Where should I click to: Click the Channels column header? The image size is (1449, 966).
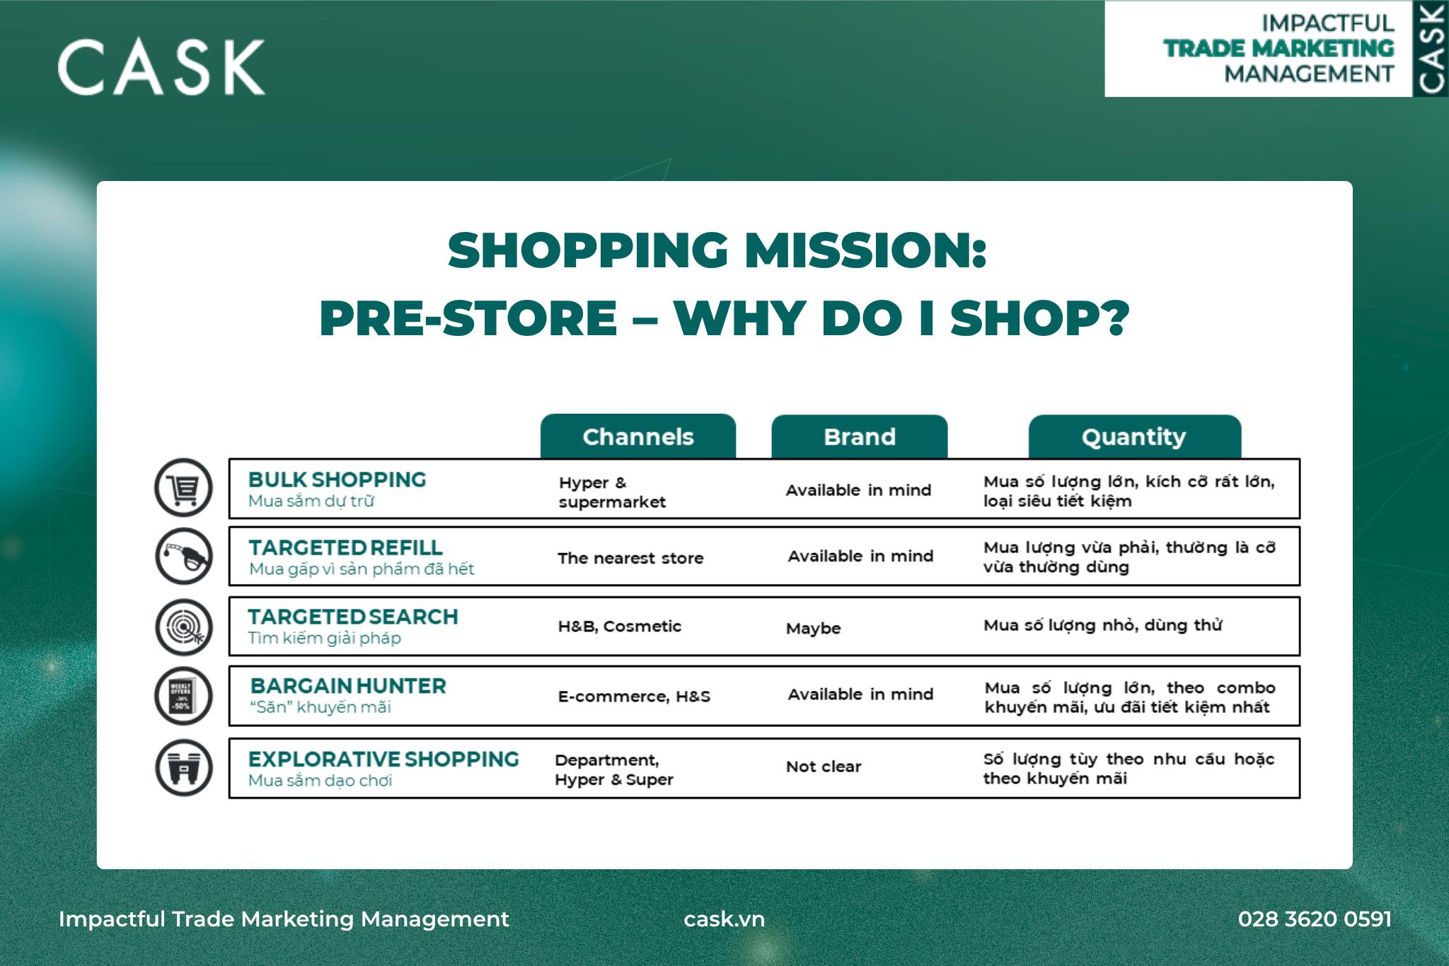tap(638, 436)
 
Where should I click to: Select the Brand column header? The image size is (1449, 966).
tap(860, 436)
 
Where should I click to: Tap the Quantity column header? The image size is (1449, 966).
tap(1134, 436)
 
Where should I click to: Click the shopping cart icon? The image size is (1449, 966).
tap(184, 488)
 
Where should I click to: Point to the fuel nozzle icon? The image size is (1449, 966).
tap(184, 556)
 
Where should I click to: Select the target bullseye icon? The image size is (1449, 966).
tap(184, 627)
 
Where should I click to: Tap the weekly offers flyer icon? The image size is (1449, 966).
tap(184, 696)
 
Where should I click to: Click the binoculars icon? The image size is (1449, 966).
tap(184, 768)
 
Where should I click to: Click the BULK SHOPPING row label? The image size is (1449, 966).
tap(337, 479)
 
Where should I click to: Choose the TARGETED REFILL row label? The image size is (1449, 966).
tap(345, 547)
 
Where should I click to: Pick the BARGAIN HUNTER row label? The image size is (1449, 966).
tap(348, 686)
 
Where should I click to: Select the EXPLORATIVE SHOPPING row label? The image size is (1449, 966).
tap(383, 759)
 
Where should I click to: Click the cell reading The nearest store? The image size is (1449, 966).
tap(630, 558)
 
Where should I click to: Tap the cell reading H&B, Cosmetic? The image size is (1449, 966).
tap(620, 627)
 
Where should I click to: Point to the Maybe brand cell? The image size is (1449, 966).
tap(814, 629)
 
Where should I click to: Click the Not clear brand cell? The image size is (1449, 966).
tap(824, 767)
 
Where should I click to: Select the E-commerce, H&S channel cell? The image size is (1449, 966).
tap(634, 697)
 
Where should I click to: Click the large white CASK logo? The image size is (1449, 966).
tap(161, 67)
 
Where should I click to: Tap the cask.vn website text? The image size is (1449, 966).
tap(724, 919)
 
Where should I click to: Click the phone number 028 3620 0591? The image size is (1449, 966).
tap(1315, 919)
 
